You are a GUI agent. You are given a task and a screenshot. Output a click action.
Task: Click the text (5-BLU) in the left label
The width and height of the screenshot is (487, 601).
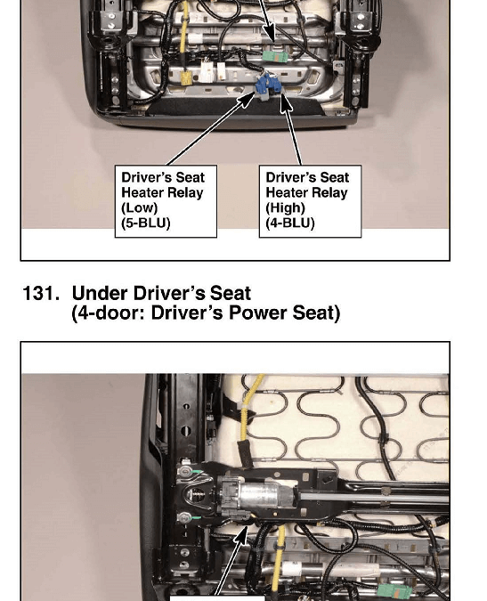(146, 223)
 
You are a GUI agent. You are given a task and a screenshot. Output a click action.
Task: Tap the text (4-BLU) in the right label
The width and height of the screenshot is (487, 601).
(290, 223)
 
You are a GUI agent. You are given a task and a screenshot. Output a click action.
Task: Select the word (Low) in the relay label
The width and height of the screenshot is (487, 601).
(140, 207)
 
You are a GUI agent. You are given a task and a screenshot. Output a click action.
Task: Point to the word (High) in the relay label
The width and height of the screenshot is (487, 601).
(286, 207)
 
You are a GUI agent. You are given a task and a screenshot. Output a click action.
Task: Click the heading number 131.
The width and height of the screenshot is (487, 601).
(41, 294)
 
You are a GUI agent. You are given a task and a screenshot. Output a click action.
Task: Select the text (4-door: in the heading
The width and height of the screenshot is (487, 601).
(109, 313)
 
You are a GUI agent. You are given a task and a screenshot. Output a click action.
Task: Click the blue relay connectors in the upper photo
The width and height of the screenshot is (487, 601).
(268, 87)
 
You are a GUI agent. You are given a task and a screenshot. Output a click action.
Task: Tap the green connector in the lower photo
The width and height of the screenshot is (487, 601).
(394, 592)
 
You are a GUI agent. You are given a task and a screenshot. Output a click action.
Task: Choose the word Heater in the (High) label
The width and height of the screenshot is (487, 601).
(288, 192)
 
